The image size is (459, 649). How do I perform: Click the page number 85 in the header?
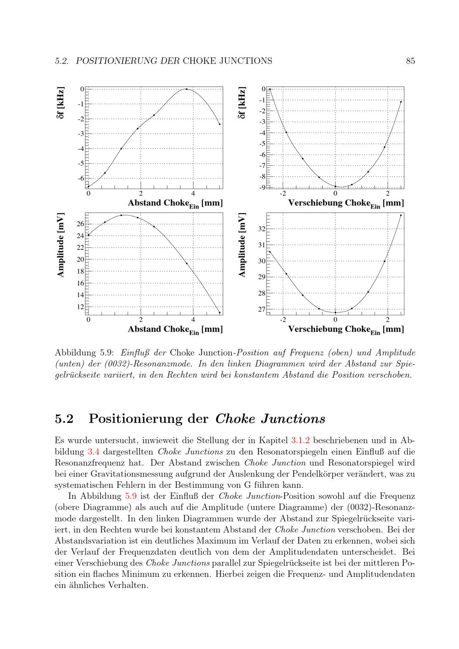410,61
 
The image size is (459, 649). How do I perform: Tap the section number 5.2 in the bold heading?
64,419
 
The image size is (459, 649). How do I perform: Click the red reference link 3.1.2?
301,441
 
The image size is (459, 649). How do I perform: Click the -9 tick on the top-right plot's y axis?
262,187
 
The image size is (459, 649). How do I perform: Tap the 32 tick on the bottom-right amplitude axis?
262,229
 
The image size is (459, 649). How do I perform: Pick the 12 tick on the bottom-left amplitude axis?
80,307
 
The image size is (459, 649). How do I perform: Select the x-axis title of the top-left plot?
175,203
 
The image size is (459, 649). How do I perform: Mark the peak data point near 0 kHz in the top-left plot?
186,89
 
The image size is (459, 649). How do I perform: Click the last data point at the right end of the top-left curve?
219,124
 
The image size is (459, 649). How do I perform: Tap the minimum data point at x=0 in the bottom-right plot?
335,313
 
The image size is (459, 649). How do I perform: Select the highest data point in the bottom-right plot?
401,215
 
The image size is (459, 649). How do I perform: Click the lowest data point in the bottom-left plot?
219,313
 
